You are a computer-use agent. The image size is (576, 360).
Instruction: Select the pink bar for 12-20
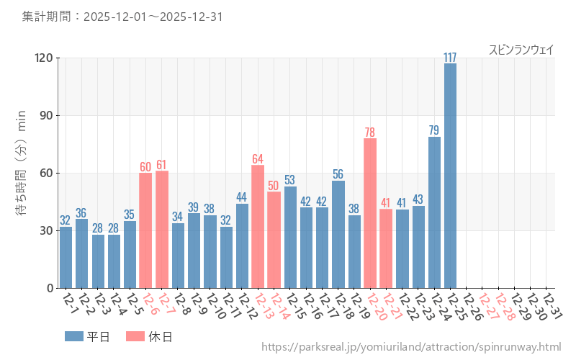coord(370,213)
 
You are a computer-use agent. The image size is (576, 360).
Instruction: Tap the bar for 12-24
coord(434,212)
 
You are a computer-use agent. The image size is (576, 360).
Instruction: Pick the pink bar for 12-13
coord(258,227)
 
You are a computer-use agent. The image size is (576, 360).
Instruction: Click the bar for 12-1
coord(66,258)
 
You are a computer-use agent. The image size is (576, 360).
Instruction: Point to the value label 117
coord(450,58)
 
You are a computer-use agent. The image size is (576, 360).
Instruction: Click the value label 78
coord(370,132)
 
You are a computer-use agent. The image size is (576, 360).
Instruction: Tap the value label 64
coord(258,159)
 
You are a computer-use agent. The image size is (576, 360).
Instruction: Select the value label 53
coord(290,180)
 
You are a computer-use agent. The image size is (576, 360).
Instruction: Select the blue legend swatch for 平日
coord(74,336)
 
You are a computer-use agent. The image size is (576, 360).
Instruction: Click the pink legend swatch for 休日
coord(135,336)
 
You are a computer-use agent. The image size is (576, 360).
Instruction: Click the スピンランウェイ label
coord(521,50)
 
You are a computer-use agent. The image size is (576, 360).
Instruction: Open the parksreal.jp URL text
coord(411,348)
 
